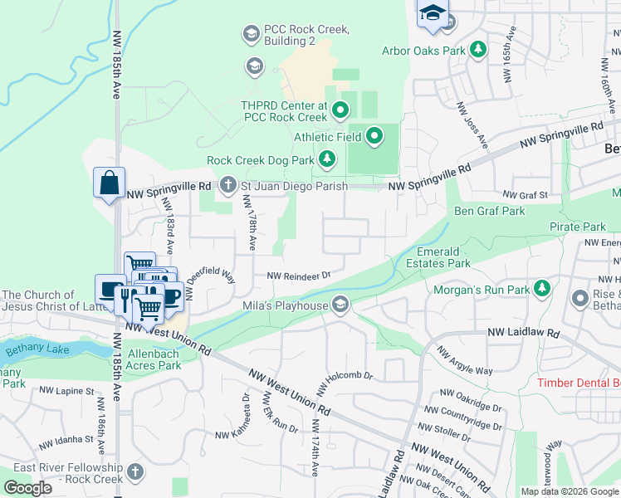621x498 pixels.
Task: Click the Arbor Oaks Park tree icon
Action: tap(478, 51)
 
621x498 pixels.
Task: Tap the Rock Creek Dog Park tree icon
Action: tap(329, 159)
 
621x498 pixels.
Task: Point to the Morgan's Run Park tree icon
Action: tap(542, 290)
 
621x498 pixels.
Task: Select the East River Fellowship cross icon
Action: tap(134, 472)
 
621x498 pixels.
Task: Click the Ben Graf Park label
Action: tap(489, 211)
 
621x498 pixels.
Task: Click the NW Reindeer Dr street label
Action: tap(298, 275)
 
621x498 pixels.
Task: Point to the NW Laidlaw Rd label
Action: tap(524, 333)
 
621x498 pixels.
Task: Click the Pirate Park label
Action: tap(577, 227)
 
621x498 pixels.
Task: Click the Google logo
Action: tap(28, 488)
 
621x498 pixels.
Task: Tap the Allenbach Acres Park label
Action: tap(154, 359)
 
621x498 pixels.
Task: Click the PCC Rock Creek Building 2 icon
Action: tap(250, 34)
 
